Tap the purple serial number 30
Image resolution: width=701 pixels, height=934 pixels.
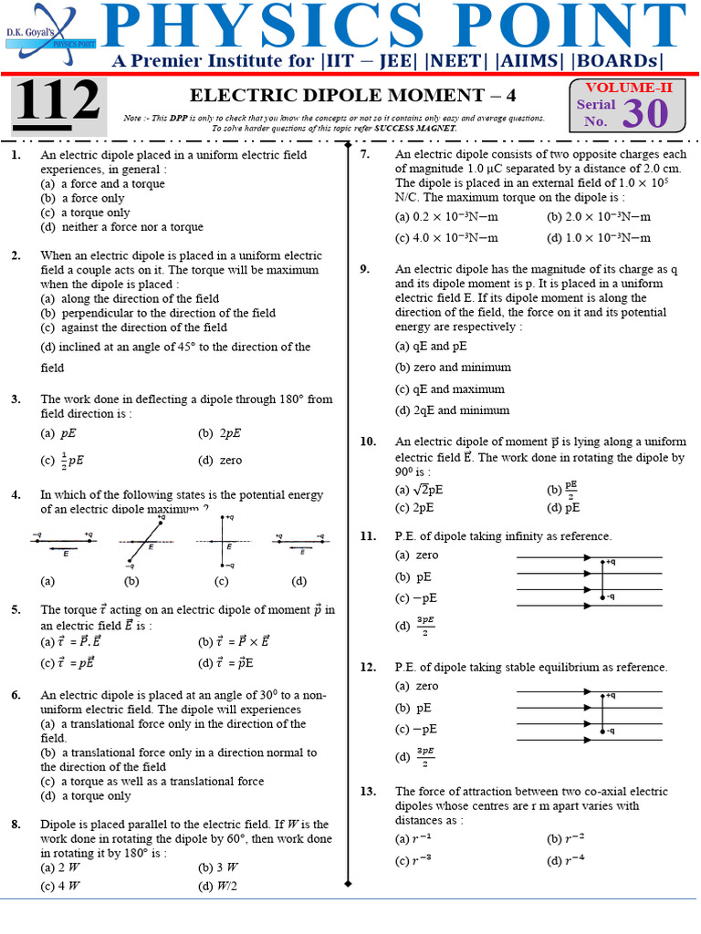pos(645,113)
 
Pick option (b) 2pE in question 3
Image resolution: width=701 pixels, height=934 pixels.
pos(219,433)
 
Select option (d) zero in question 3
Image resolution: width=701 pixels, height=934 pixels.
pos(219,460)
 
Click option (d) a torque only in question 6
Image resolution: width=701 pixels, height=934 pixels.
pos(85,795)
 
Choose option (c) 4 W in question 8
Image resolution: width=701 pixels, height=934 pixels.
pos(60,885)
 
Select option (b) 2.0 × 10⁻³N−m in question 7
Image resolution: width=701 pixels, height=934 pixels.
pos(599,217)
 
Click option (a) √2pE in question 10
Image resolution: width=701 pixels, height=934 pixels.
pos(420,489)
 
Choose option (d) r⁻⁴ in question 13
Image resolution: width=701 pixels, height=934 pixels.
pos(565,861)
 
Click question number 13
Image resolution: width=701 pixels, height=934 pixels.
pos(368,792)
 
